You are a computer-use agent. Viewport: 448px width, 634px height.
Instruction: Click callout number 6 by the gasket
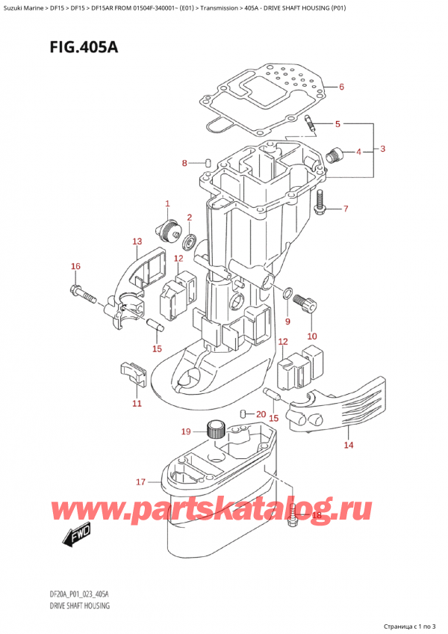coord(341,87)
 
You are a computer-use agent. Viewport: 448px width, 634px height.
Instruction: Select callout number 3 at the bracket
coord(382,150)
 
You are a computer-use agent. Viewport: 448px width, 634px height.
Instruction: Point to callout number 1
coord(167,203)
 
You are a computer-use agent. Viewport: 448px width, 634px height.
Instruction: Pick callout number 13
coord(137,241)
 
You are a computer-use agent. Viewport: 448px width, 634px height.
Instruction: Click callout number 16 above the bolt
coord(75,266)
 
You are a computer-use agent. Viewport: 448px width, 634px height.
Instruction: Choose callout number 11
coord(136,404)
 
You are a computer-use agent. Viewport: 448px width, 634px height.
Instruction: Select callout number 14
coord(348,446)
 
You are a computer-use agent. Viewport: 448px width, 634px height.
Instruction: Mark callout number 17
coord(140,482)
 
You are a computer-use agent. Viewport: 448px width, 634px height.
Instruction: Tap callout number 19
coord(185,431)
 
